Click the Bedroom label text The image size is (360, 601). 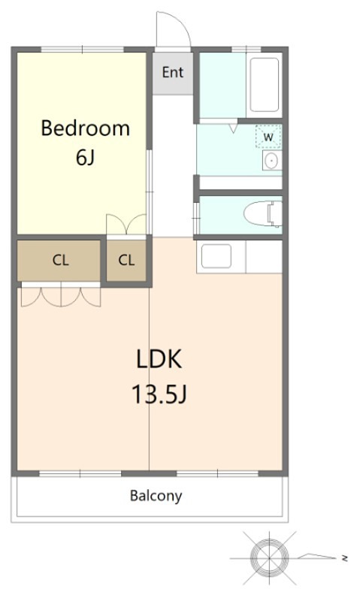pyautogui.click(x=85, y=128)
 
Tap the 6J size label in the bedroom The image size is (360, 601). pyautogui.click(x=85, y=157)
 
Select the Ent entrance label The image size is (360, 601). pyautogui.click(x=173, y=72)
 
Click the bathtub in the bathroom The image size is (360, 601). pyautogui.click(x=264, y=85)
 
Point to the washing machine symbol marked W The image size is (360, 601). pyautogui.click(x=268, y=137)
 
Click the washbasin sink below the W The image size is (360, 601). pyautogui.click(x=272, y=160)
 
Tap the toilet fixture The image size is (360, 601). pyautogui.click(x=262, y=213)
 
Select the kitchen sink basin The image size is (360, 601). pyautogui.click(x=216, y=256)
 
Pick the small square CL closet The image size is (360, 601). pyautogui.click(x=126, y=260)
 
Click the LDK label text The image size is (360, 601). pyautogui.click(x=159, y=359)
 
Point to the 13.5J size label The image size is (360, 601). pyautogui.click(x=159, y=394)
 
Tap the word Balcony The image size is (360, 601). pyautogui.click(x=156, y=496)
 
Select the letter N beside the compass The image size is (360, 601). pyautogui.click(x=345, y=558)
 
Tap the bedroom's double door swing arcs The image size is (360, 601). pyautogui.click(x=126, y=223)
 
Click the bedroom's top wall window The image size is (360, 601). pyautogui.click(x=83, y=50)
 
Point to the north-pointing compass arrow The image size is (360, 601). pyautogui.click(x=316, y=556)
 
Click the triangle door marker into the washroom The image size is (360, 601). pyautogui.click(x=234, y=128)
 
